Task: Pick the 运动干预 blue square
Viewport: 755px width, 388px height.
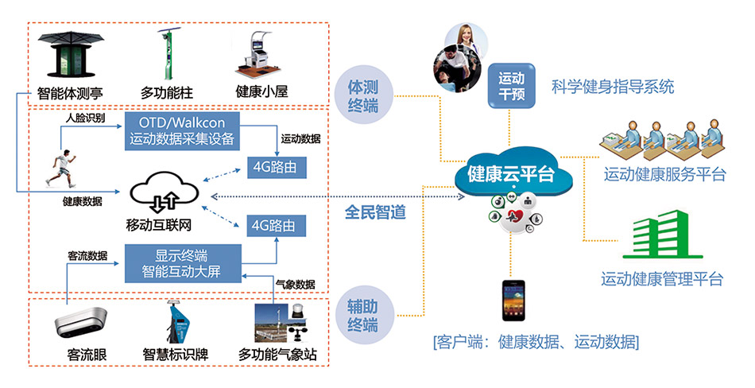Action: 511,87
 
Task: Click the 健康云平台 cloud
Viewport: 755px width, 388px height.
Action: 511,173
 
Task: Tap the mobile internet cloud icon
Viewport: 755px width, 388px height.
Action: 164,195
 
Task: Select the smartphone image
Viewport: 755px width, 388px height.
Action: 511,301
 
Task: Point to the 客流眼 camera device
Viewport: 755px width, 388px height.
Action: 81,324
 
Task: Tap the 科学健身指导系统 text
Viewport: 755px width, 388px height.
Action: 613,86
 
